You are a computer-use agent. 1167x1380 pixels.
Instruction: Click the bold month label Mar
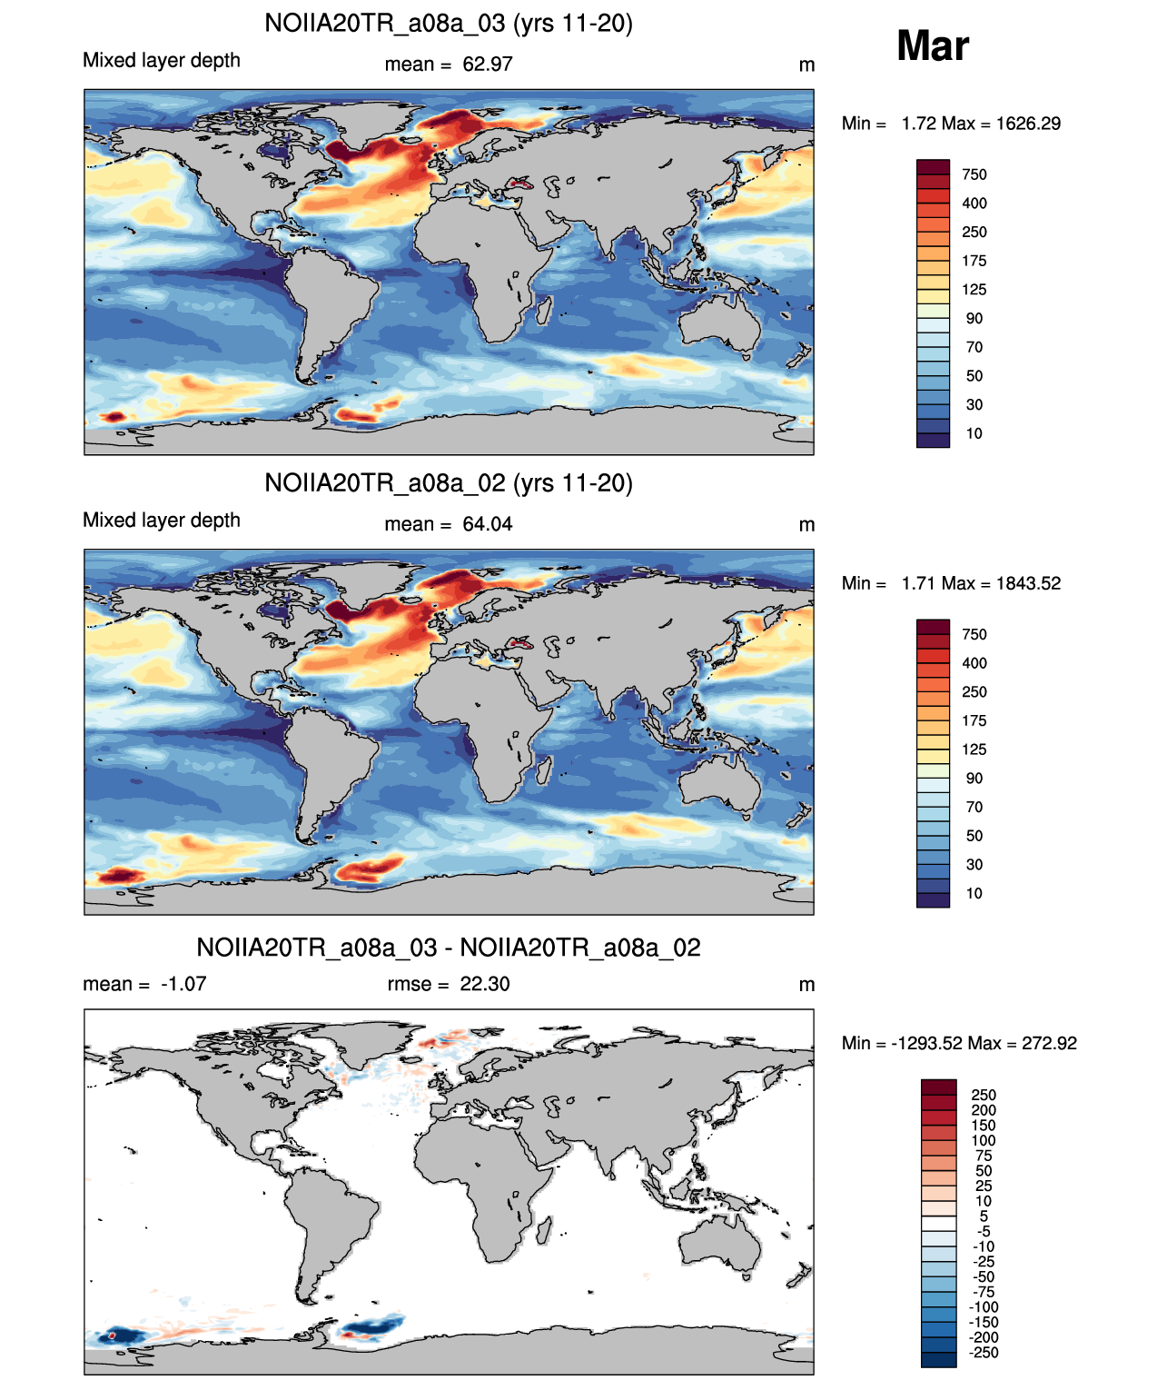click(932, 45)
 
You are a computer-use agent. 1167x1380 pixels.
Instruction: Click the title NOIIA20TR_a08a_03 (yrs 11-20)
click(449, 24)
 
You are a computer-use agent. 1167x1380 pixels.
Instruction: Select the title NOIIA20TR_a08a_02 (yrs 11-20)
click(449, 482)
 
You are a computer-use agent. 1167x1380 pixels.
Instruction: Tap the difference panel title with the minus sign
click(449, 948)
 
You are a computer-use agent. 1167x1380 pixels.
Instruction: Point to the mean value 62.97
click(487, 65)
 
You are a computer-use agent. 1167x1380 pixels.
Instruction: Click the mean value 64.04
click(487, 524)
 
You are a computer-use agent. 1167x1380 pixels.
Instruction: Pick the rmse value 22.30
click(484, 984)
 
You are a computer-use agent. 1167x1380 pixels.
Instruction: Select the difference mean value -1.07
click(183, 984)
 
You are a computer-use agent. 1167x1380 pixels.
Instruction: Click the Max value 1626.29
click(1028, 124)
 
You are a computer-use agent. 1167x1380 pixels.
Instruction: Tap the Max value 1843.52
click(1028, 583)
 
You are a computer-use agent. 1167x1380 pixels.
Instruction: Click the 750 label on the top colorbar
click(974, 175)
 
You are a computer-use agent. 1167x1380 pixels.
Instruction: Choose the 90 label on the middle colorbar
click(974, 779)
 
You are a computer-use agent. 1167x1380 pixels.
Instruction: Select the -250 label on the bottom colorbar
click(984, 1353)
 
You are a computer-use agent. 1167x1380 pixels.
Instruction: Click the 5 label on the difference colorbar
click(984, 1216)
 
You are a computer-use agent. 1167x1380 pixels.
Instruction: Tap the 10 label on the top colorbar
click(974, 434)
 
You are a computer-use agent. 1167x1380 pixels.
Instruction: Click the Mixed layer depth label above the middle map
click(162, 521)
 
